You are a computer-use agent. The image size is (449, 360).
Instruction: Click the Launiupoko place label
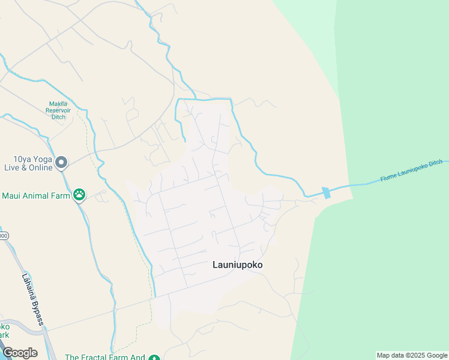point(238,265)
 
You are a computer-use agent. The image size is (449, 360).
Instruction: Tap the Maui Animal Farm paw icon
point(79,194)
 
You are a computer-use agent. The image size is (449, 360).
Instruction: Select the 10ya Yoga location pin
point(61,163)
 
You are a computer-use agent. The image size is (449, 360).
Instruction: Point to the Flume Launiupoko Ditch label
point(411,171)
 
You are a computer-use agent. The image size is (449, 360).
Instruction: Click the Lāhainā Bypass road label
point(33,300)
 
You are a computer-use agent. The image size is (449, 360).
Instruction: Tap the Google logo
point(20,353)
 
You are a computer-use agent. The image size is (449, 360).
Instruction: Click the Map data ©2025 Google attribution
point(411,355)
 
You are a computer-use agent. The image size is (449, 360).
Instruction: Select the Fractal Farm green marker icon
point(154,358)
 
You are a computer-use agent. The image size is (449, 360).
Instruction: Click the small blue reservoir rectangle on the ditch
point(326,193)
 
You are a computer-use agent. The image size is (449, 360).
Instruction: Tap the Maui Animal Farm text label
point(36,196)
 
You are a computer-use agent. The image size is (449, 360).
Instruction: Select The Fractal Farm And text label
point(105,357)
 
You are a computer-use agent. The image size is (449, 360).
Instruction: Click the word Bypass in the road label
point(37,311)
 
